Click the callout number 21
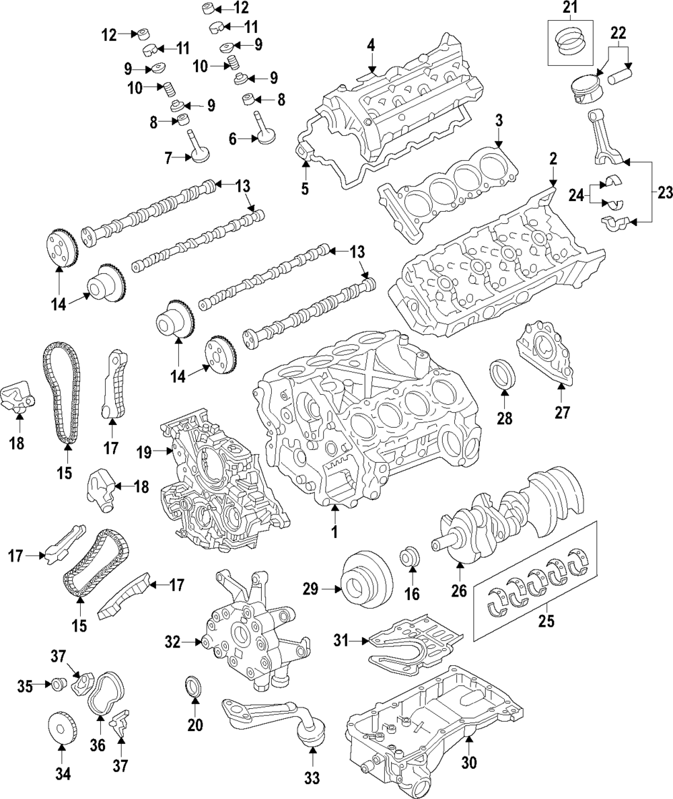point(570,7)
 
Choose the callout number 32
point(173,643)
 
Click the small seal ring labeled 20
point(194,688)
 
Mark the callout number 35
point(25,685)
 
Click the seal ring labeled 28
point(504,374)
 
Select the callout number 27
point(562,412)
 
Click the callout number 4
point(370,46)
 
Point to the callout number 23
point(665,192)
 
